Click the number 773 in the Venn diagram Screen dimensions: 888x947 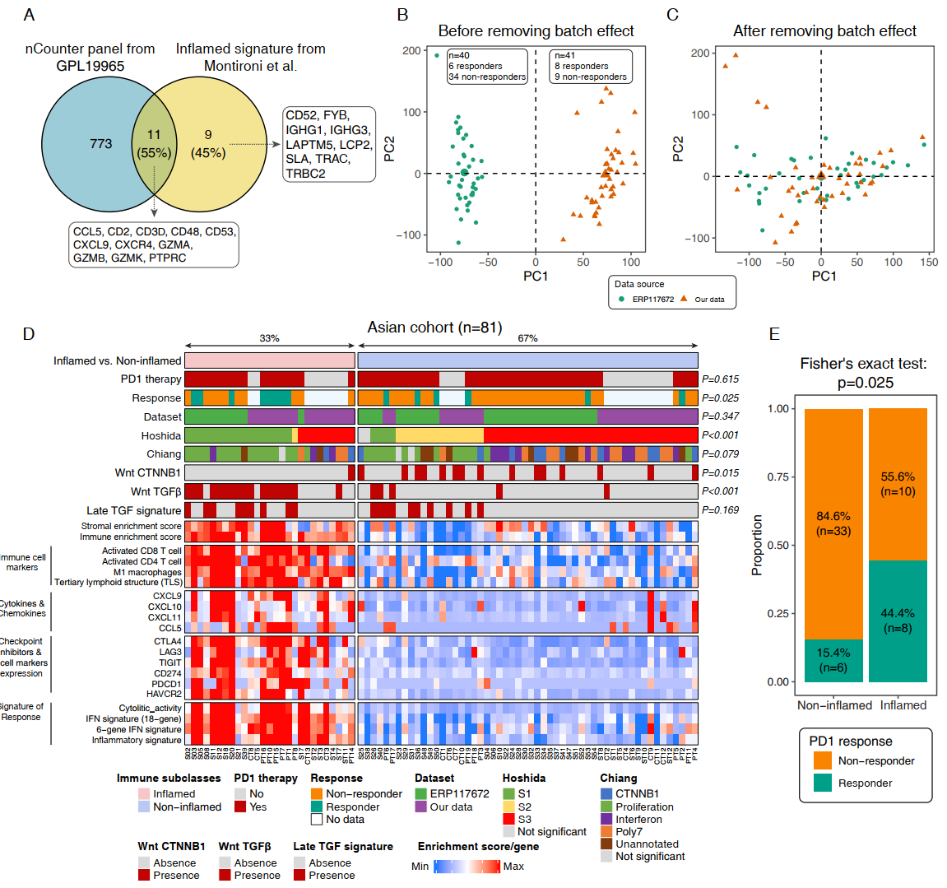[x=100, y=144]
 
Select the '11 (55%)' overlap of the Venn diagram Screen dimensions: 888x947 [x=154, y=144]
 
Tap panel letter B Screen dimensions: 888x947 [x=402, y=15]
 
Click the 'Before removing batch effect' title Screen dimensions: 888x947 [x=536, y=31]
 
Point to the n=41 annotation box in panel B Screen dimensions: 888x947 [x=591, y=67]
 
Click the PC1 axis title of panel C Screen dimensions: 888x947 [x=824, y=277]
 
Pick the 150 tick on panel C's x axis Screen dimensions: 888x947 [x=929, y=263]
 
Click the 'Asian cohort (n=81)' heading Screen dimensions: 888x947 [x=434, y=328]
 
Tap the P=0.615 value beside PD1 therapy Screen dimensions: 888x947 [x=720, y=379]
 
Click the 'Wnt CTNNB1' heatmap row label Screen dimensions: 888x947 [x=148, y=473]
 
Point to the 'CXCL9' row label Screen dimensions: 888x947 [x=167, y=596]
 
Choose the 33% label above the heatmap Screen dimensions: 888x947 [x=269, y=338]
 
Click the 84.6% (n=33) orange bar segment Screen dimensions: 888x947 [x=833, y=523]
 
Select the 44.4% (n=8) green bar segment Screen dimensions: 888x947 [x=898, y=621]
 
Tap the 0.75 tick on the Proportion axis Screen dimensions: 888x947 [x=778, y=477]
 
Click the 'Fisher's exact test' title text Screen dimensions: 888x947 [x=863, y=364]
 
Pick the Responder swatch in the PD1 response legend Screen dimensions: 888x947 [x=822, y=783]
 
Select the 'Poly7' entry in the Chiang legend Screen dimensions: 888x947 [x=629, y=832]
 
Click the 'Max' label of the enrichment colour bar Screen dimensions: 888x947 [x=513, y=867]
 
